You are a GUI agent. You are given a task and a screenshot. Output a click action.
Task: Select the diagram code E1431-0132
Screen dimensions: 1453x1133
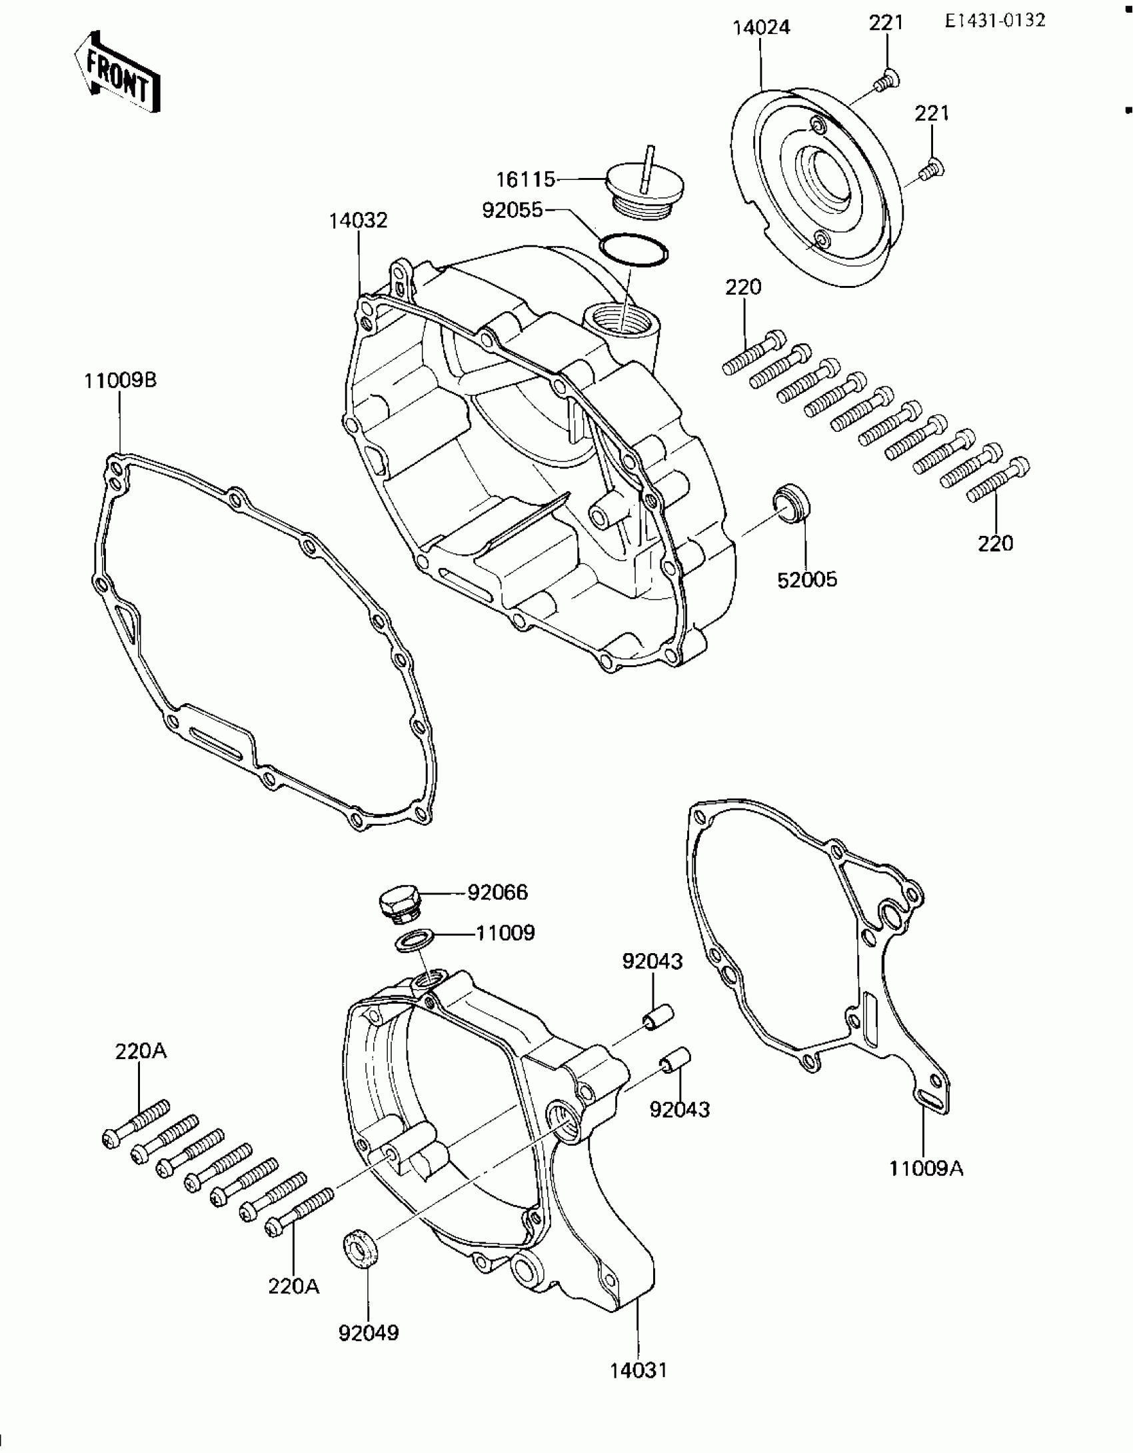(x=994, y=21)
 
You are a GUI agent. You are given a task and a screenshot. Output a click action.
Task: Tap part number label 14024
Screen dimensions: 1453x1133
(x=761, y=28)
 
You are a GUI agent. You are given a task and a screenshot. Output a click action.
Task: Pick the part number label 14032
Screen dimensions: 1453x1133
(x=358, y=221)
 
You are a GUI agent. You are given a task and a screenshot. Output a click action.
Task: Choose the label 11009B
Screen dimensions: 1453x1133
(x=120, y=381)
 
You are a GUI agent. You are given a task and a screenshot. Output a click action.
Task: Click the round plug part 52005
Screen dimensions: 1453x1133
(x=791, y=505)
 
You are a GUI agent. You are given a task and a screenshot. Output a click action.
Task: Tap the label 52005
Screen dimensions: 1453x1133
(x=807, y=581)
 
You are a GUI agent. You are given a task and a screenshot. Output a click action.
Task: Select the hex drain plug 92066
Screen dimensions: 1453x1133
(x=398, y=905)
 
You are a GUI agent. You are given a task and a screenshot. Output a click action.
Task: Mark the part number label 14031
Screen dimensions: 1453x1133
(x=638, y=1370)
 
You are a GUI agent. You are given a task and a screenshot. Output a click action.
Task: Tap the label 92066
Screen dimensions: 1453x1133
(x=497, y=892)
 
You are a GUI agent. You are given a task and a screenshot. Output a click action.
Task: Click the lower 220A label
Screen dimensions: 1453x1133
(x=294, y=1286)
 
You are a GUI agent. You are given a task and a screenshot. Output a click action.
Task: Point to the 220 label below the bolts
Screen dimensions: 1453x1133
(x=996, y=544)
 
